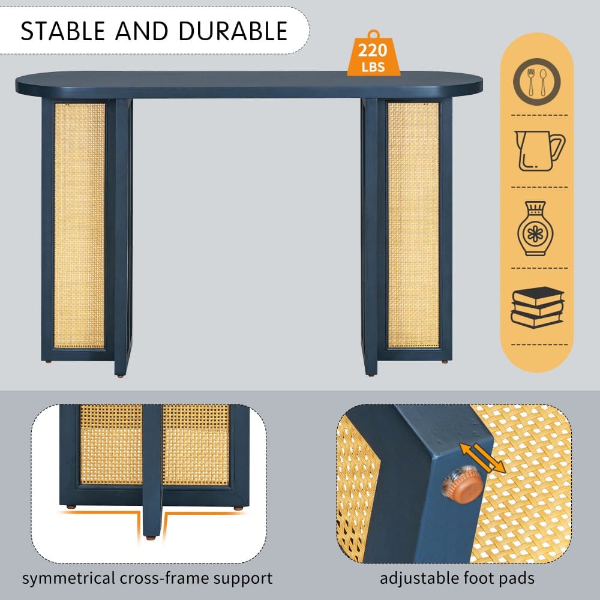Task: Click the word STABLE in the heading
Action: coord(63,31)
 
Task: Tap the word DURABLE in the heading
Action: coord(233,31)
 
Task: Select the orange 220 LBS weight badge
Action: coord(373,53)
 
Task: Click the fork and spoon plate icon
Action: coord(537,82)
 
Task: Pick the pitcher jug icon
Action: coord(539,151)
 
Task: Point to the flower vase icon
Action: coord(535,229)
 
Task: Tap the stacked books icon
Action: coord(537,307)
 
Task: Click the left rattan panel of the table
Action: coord(79,226)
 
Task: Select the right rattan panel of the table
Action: coord(413,225)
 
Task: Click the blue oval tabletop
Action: coord(249,84)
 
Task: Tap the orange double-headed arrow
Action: coord(482,458)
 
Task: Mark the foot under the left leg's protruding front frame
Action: coord(121,376)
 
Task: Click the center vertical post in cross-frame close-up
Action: coord(152,470)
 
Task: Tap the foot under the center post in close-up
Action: coord(151,538)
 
